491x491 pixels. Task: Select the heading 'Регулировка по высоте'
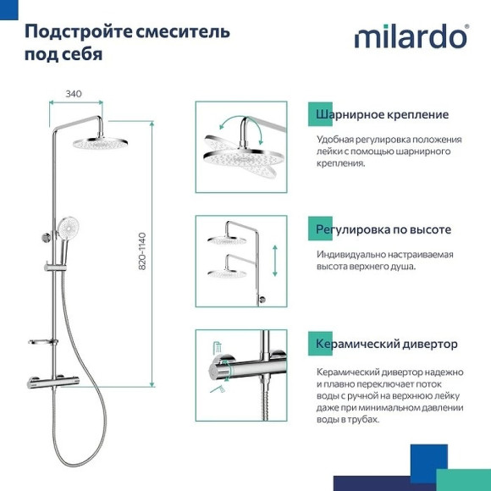(x=383, y=229)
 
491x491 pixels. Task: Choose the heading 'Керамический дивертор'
(x=386, y=344)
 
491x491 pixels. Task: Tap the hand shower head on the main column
(x=66, y=227)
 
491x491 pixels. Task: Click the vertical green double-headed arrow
(x=274, y=261)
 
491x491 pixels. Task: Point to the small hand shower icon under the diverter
(x=217, y=389)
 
